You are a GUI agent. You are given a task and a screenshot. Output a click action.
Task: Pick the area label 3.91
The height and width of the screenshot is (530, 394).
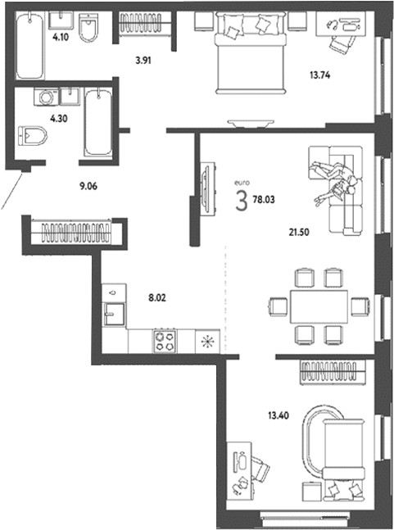145,58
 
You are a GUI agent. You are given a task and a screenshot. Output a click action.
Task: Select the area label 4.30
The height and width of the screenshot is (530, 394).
58,119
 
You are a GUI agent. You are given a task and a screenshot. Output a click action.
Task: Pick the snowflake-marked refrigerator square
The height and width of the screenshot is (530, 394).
206,341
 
